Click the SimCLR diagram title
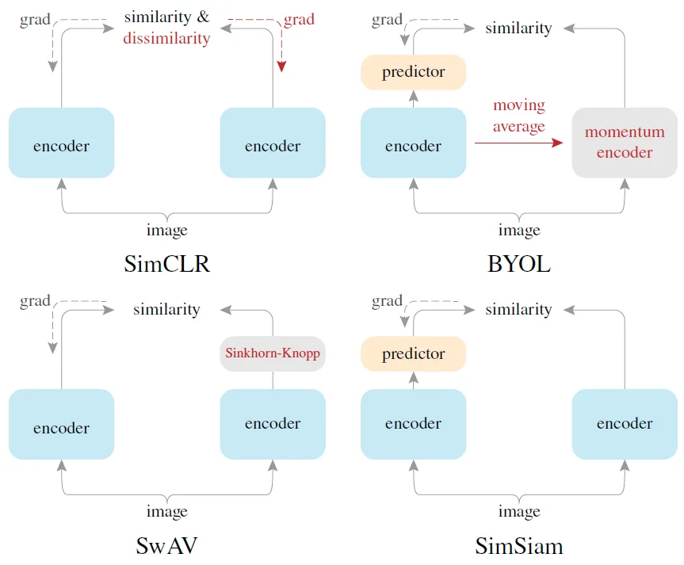tap(167, 264)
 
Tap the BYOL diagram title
tap(519, 264)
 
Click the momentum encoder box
tap(625, 143)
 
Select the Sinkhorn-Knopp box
tap(273, 354)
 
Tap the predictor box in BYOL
tap(414, 72)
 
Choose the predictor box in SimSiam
tap(414, 354)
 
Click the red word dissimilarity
tap(166, 38)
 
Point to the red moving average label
tap(519, 116)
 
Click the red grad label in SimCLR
tap(299, 20)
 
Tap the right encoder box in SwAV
tap(273, 424)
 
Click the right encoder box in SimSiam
tap(625, 424)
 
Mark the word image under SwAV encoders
tap(167, 512)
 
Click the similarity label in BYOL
tap(518, 29)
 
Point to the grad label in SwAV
tap(35, 301)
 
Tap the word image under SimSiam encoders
tap(519, 512)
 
